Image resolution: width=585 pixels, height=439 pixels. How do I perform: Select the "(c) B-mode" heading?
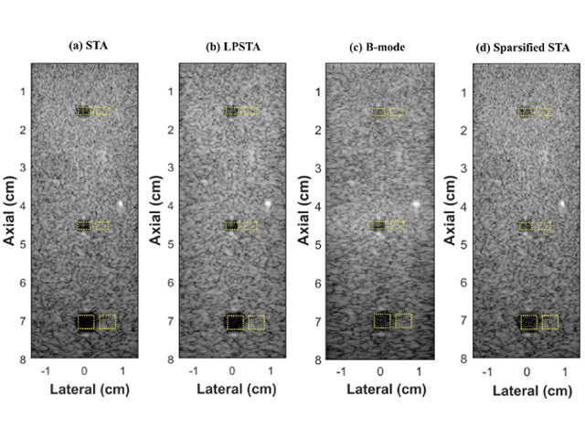point(380,45)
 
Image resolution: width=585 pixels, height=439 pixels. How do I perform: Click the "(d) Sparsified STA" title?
point(526,45)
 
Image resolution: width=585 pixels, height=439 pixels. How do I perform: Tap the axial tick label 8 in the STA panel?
point(22,360)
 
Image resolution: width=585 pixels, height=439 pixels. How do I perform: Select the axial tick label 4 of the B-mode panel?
point(317,207)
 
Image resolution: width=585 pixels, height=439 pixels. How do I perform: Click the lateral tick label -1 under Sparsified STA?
point(487,372)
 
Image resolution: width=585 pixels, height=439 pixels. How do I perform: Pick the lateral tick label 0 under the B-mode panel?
point(379,372)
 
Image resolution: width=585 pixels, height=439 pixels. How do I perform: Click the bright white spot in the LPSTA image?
point(268,203)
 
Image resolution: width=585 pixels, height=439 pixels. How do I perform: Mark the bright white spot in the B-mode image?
point(416,203)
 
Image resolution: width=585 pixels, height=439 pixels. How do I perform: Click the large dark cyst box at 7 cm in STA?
point(86,322)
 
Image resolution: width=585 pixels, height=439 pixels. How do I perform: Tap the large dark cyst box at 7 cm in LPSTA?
point(235,322)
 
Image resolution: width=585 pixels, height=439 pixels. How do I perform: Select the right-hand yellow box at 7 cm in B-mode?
point(403,321)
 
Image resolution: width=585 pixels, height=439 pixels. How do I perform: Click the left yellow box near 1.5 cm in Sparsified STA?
point(525,112)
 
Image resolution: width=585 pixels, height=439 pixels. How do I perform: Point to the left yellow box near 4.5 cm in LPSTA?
point(232,225)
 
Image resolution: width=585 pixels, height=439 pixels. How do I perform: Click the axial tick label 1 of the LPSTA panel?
point(170,91)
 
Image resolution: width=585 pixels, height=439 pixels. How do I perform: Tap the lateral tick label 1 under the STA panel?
point(122,372)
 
